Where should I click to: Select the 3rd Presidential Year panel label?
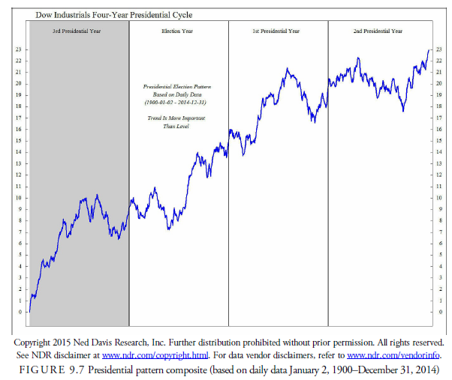pyautogui.click(x=77, y=31)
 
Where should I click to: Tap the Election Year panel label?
pyautogui.click(x=178, y=31)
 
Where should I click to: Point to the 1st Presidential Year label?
pyautogui.click(x=276, y=31)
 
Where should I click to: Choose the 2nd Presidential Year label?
pyautogui.click(x=378, y=31)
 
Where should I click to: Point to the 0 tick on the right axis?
pyautogui.click(x=438, y=311)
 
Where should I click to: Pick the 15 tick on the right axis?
pyautogui.click(x=438, y=141)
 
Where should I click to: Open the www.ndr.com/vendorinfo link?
pyautogui.click(x=393, y=355)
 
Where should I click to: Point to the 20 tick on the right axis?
pyautogui.click(x=438, y=83)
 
